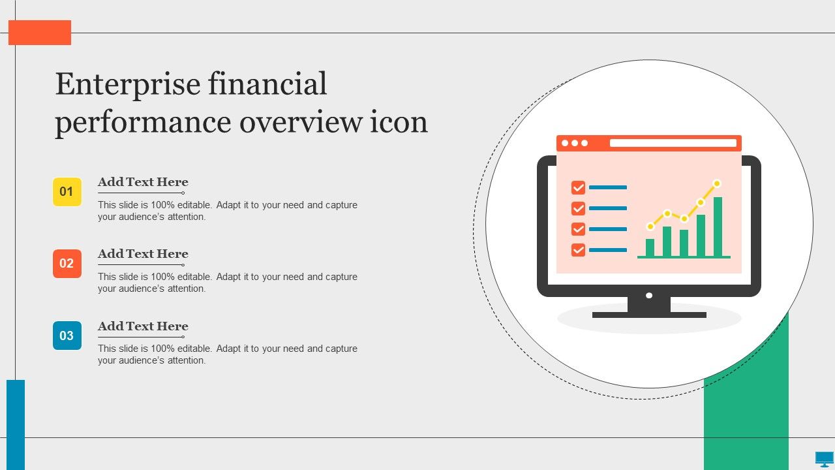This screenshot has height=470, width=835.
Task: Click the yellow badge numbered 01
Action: [x=67, y=192]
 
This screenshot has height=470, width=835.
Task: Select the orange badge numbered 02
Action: [x=67, y=264]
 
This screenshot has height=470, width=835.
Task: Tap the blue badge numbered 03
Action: [x=67, y=336]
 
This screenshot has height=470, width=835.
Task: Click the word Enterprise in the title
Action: [x=128, y=85]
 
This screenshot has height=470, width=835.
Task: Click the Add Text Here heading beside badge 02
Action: [x=143, y=254]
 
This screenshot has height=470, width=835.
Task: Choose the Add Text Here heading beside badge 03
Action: [x=143, y=326]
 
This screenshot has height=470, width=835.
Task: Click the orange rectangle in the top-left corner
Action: [x=40, y=33]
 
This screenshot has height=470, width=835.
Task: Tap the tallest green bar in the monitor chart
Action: [x=718, y=227]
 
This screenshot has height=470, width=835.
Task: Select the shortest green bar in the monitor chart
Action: [x=650, y=247]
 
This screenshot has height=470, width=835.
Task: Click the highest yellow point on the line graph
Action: [x=717, y=183]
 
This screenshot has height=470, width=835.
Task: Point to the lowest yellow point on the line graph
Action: [x=650, y=227]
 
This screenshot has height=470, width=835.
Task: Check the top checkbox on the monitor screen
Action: [x=578, y=187]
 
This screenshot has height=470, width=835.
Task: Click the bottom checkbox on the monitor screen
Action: [x=578, y=250]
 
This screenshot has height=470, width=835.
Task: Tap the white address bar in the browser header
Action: [x=673, y=143]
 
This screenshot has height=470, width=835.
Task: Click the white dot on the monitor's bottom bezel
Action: [x=649, y=296]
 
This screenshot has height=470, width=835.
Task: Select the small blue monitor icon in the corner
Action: [x=824, y=459]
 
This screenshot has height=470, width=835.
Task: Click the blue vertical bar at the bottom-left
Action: [x=16, y=425]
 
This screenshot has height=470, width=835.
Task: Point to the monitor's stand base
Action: [x=649, y=315]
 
